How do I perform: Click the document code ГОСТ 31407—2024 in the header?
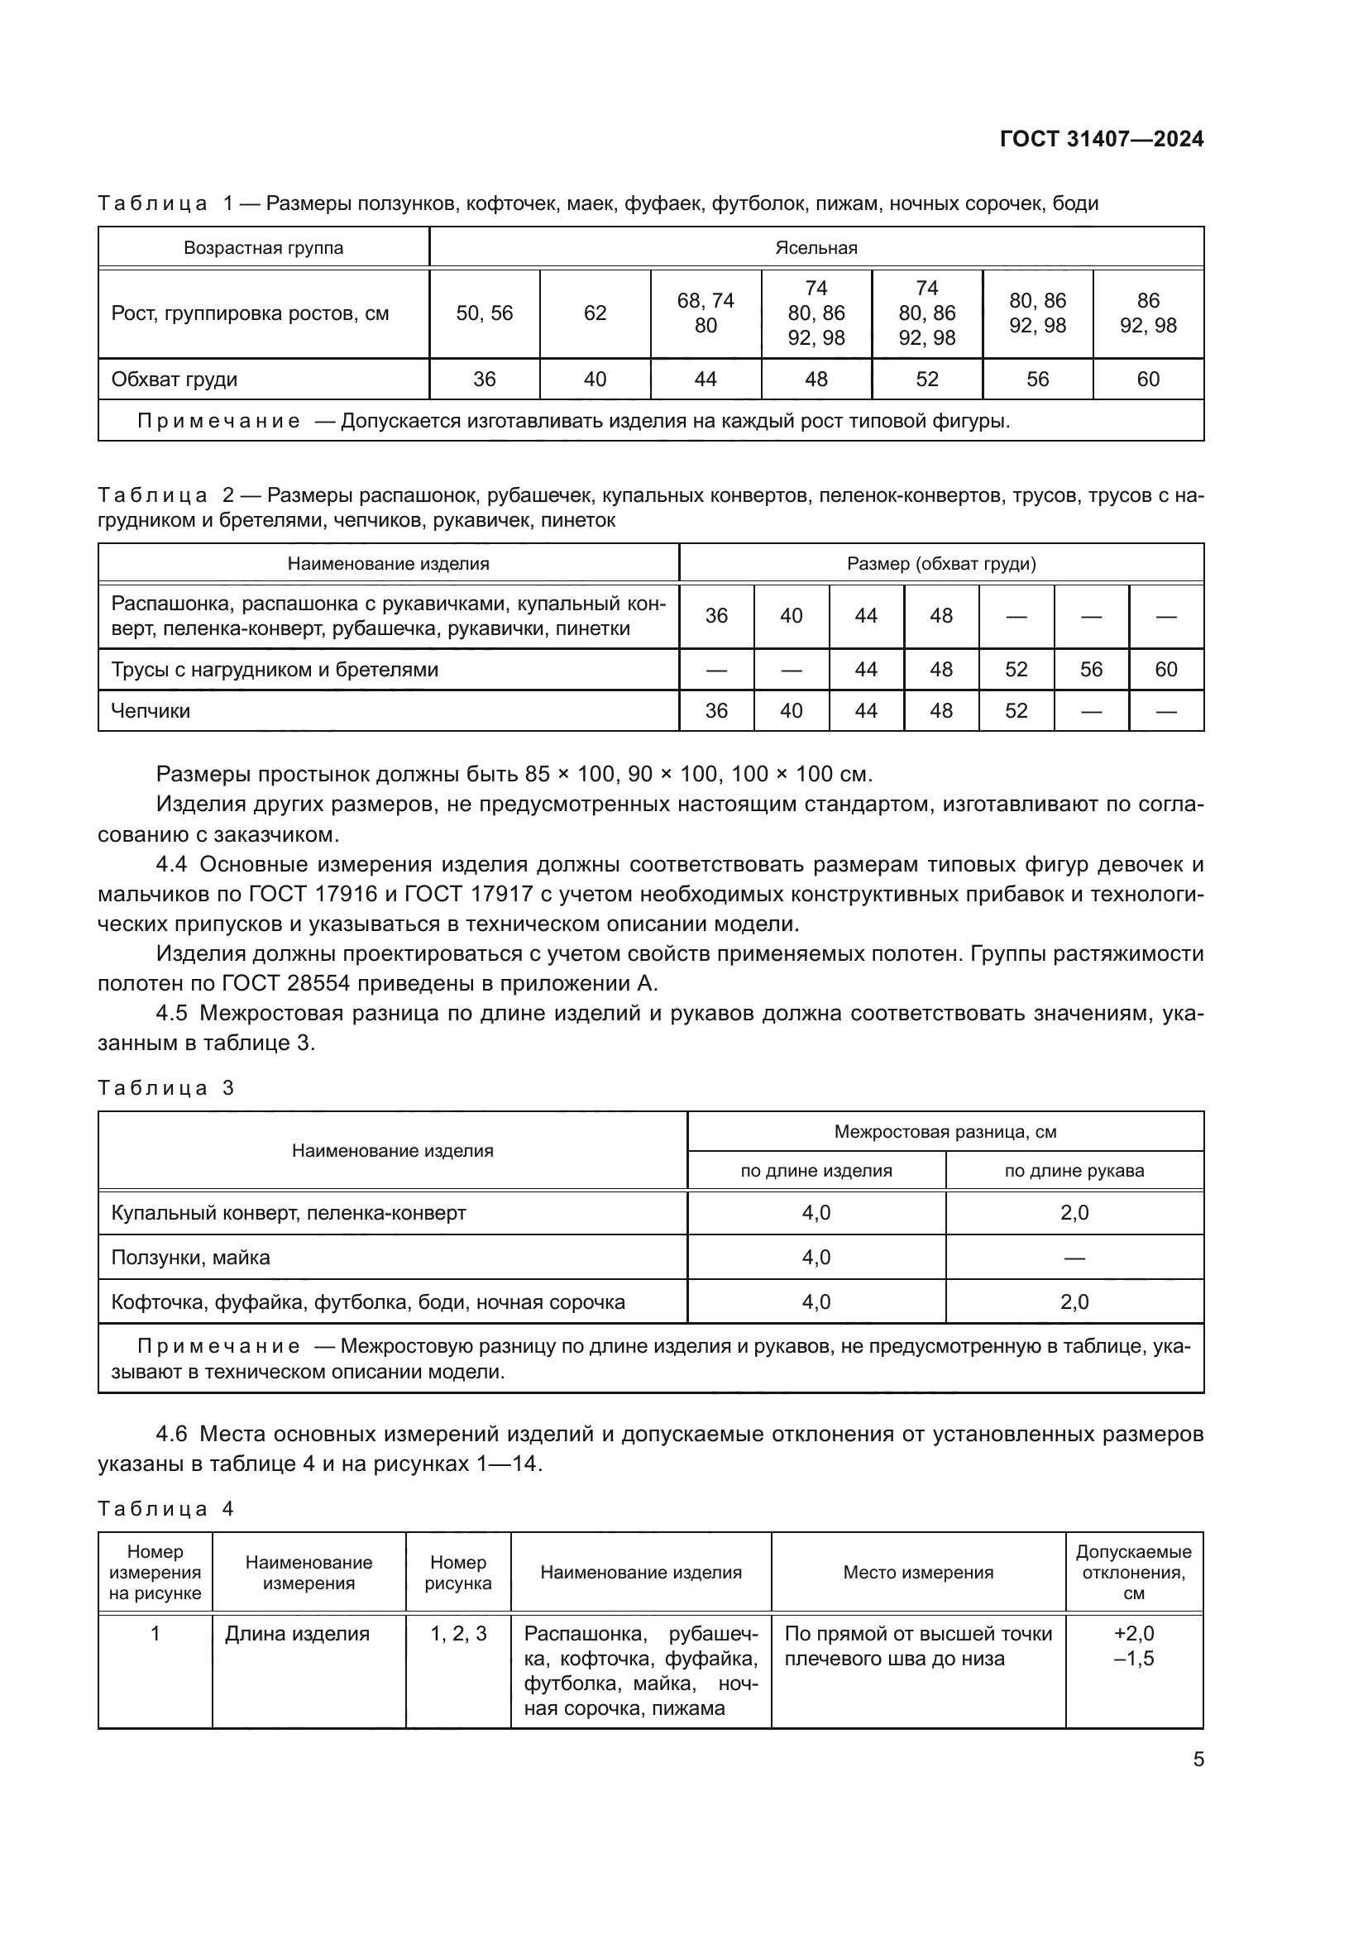coord(1101,139)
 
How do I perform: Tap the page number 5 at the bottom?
coord(1198,1759)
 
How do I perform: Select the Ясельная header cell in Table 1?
coord(816,248)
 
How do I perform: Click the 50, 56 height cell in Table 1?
coord(485,313)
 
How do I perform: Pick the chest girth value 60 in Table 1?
coord(1147,379)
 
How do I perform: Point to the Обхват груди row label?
coord(175,379)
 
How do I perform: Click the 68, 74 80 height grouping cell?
coord(705,313)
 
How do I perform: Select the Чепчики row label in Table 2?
coord(151,711)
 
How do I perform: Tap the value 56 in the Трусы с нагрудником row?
coord(1091,670)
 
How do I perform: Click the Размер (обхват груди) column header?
coord(941,564)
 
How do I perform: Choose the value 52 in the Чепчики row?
coord(1016,711)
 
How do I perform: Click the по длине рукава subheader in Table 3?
coord(1074,1170)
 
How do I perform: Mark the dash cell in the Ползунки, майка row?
coord(1074,1258)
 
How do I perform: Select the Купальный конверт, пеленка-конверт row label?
coord(288,1213)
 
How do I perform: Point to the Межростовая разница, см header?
coord(945,1131)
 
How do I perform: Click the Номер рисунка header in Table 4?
coord(457,1573)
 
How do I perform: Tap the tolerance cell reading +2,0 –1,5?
coord(1133,1646)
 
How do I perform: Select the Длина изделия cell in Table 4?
coord(297,1634)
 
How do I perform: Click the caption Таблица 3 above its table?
coord(165,1087)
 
